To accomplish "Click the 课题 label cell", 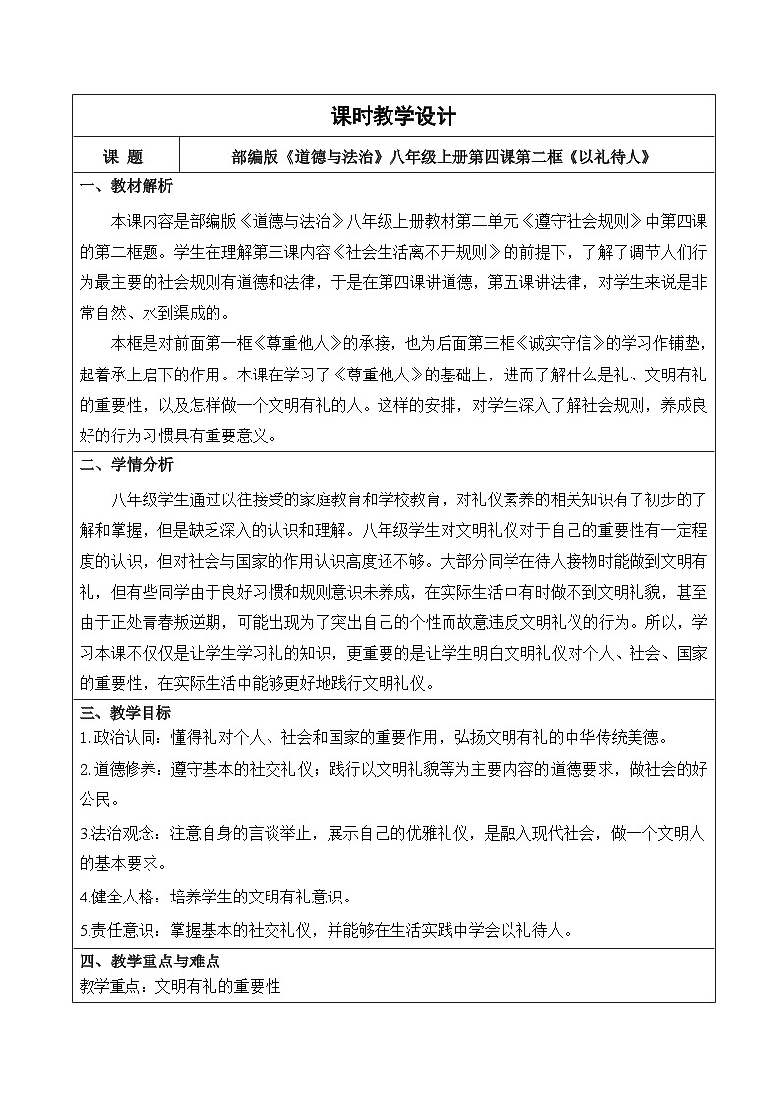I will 124,155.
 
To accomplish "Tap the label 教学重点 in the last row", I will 110,985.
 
